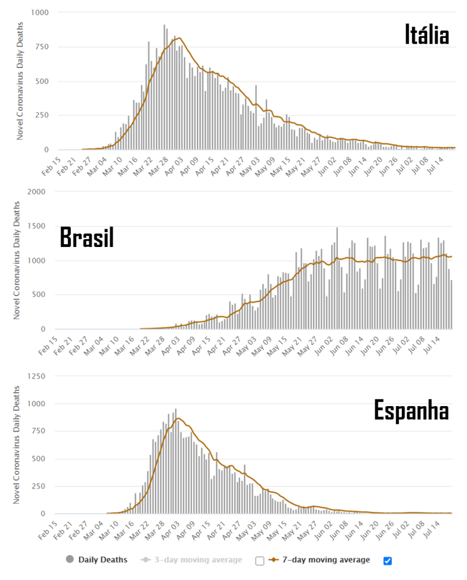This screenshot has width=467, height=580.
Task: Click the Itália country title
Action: (x=427, y=35)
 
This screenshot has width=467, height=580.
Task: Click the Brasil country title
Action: (x=87, y=238)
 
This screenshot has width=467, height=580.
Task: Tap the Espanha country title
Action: (x=412, y=411)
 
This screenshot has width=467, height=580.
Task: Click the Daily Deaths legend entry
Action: (x=102, y=560)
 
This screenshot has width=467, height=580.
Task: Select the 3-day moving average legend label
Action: (x=198, y=560)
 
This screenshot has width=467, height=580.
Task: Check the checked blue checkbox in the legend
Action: (x=387, y=561)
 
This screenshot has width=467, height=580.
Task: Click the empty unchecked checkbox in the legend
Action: (x=260, y=561)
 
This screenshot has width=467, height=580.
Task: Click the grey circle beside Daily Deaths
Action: (x=70, y=560)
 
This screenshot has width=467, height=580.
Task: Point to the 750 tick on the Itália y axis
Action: (x=41, y=47)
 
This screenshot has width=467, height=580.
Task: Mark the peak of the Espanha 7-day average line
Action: (x=178, y=419)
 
